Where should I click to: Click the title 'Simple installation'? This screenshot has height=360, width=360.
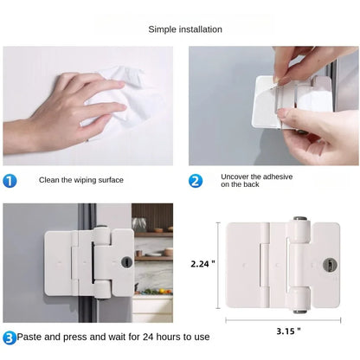pyautogui.click(x=185, y=29)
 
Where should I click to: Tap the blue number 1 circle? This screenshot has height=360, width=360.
pyautogui.click(x=10, y=181)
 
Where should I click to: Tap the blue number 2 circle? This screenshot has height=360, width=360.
pyautogui.click(x=196, y=181)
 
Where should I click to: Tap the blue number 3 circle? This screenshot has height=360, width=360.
pyautogui.click(x=9, y=337)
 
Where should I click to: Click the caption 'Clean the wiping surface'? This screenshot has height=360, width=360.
pyautogui.click(x=80, y=180)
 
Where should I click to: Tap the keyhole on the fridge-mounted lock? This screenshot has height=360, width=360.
pyautogui.click(x=126, y=261)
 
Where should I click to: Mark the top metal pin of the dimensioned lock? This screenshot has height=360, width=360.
pyautogui.click(x=299, y=221)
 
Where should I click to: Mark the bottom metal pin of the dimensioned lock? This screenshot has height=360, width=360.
pyautogui.click(x=299, y=310)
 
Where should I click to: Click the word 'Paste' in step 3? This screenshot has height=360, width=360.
pyautogui.click(x=32, y=337)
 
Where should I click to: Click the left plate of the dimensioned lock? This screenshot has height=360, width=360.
pyautogui.click(x=247, y=267)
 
